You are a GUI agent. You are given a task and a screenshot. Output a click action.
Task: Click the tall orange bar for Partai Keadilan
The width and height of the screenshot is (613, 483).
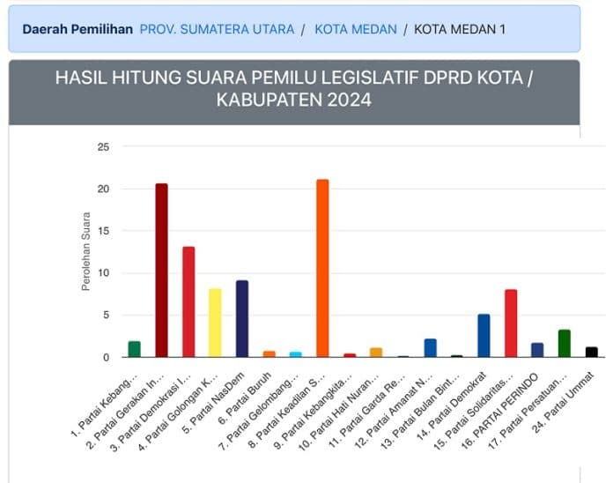[x=322, y=268]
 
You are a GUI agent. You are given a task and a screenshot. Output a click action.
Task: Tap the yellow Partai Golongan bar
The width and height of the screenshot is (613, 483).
[x=215, y=323]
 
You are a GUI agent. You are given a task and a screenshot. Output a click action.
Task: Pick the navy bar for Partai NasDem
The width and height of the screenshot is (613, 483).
[x=241, y=318]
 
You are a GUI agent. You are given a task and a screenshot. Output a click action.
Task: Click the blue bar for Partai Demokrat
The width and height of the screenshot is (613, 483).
[x=484, y=336]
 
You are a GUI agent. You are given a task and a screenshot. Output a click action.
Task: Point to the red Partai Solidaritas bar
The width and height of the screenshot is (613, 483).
[x=511, y=323]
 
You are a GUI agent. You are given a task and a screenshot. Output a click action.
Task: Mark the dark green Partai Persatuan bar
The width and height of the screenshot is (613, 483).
[x=565, y=343]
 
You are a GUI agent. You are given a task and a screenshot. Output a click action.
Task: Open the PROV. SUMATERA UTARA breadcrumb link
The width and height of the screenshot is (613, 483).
[x=217, y=29]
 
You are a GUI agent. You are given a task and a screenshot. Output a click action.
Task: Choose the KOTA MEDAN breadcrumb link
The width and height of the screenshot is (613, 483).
[x=354, y=29]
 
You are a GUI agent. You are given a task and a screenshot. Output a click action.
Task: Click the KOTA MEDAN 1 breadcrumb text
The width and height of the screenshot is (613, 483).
[x=459, y=29]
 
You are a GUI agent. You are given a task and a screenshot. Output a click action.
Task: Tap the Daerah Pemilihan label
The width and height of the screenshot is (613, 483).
[x=77, y=29]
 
